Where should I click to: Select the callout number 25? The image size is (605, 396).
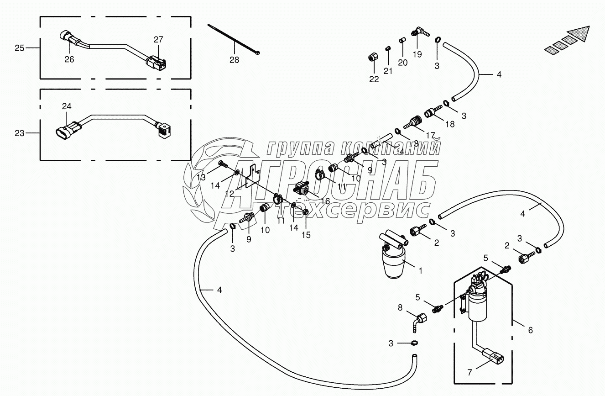(x=20, y=48)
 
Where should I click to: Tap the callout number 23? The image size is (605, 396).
(x=20, y=133)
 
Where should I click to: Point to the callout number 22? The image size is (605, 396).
(x=374, y=79)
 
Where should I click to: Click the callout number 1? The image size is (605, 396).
(x=420, y=270)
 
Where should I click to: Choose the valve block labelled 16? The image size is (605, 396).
(x=302, y=188)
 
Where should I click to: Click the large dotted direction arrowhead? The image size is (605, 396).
(x=585, y=34)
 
